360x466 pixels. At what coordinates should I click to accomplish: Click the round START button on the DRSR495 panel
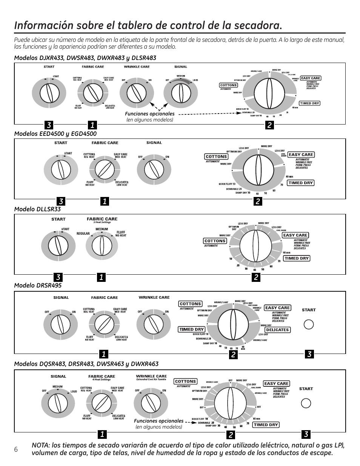[308, 325]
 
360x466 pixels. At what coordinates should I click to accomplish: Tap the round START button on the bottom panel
[306, 403]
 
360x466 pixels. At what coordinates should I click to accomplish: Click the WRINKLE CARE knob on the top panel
[137, 92]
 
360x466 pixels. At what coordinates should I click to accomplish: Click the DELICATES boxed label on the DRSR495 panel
[277, 330]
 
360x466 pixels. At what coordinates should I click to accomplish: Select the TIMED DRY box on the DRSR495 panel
[191, 329]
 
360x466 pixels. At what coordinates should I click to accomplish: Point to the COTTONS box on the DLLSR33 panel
[215, 241]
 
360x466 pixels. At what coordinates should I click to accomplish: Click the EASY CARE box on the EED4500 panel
[301, 154]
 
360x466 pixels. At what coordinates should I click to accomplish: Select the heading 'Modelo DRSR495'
[38, 285]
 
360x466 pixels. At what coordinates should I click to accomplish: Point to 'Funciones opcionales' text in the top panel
[150, 114]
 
